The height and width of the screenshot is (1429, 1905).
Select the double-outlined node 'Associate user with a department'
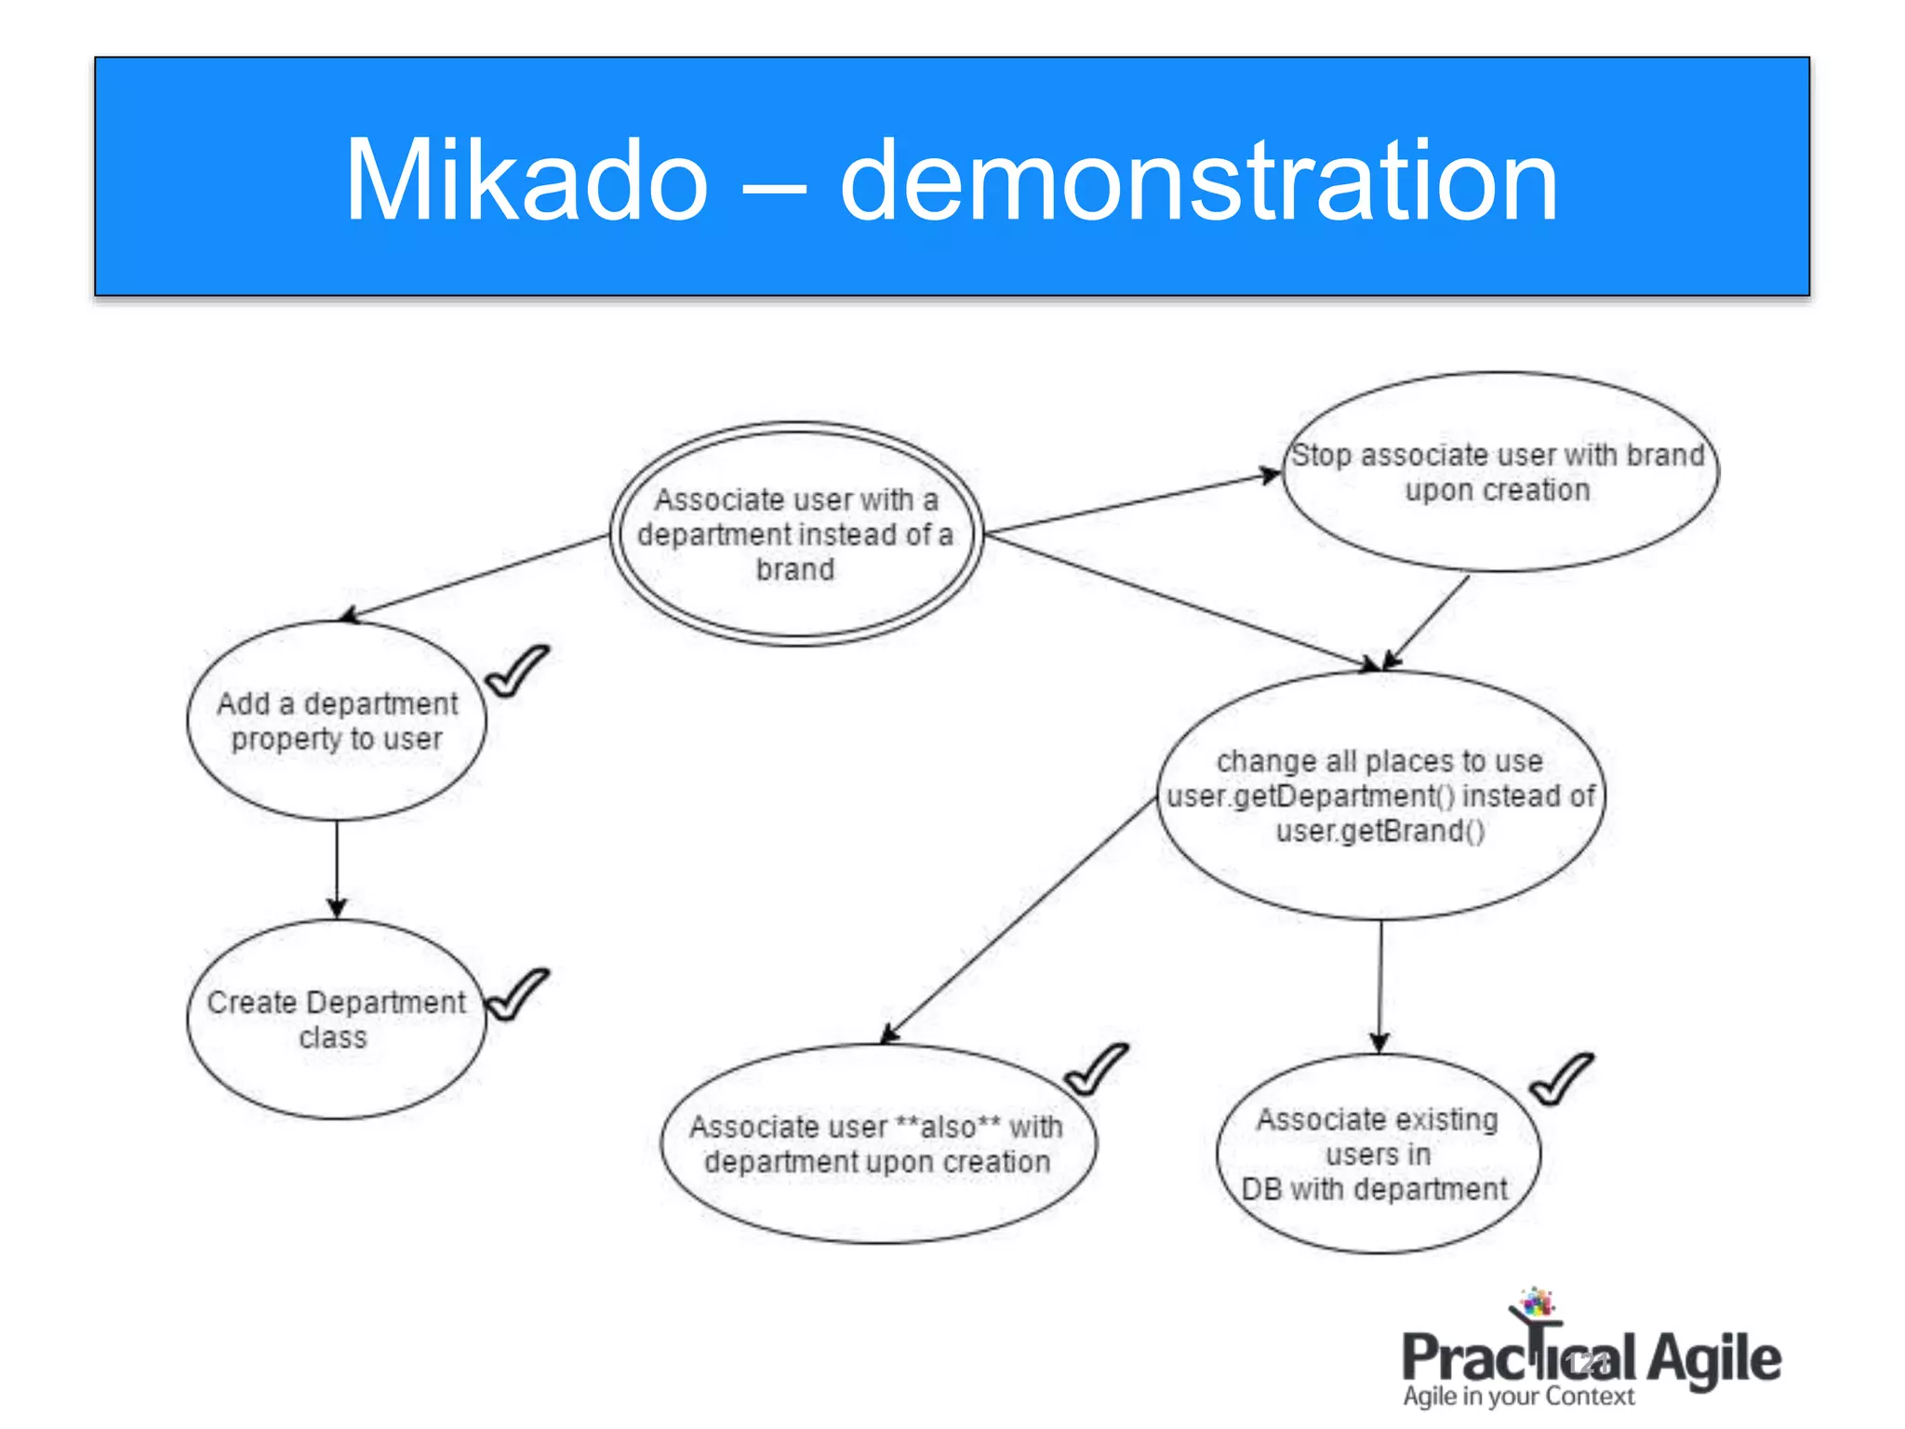pos(795,534)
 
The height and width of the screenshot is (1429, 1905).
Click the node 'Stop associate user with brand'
pos(1499,473)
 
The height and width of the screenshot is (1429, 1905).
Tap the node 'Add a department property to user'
pos(337,721)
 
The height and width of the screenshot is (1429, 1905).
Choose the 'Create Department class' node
pos(336,1019)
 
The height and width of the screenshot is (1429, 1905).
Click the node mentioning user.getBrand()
pos(1380,796)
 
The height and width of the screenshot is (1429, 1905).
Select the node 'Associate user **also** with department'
pos(877,1144)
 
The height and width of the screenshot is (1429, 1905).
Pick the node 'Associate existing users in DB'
pos(1378,1154)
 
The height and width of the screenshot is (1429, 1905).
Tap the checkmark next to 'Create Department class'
pos(516,995)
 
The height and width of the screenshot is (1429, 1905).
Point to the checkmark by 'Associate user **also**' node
pos(1096,1069)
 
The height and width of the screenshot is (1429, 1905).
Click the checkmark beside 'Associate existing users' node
pos(1561,1079)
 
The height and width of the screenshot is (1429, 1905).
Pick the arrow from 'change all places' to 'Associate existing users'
pos(1380,986)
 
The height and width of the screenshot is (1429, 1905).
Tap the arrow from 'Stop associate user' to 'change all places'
pos(1428,621)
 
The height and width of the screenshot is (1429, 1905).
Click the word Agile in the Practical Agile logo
pos(1713,1358)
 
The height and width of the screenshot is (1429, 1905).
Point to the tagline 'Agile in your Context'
pos(1518,1396)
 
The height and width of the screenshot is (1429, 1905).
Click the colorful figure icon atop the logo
pos(1537,1302)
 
